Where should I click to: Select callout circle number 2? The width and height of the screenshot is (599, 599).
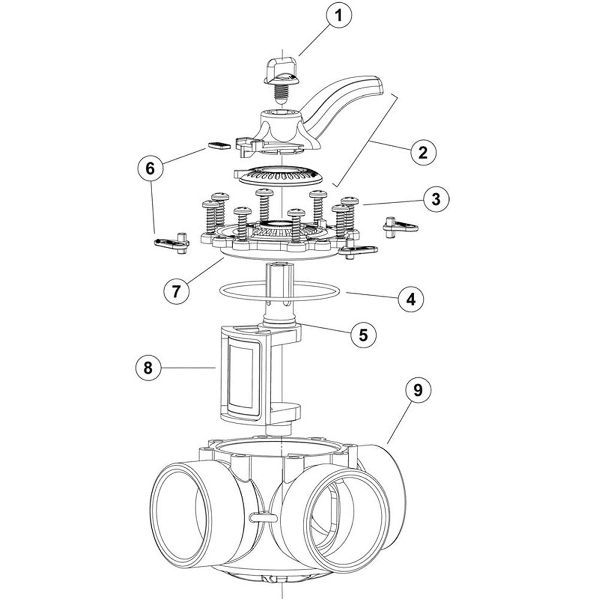click(x=423, y=152)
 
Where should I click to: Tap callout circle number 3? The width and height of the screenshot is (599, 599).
click(x=436, y=199)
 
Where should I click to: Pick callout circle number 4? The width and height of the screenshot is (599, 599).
click(x=411, y=299)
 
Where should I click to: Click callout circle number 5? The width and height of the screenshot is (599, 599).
click(x=364, y=334)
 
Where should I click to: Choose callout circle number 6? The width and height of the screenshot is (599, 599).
click(x=150, y=168)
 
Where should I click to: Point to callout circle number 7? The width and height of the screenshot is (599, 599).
click(x=176, y=291)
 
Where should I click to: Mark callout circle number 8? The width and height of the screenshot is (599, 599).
click(x=148, y=367)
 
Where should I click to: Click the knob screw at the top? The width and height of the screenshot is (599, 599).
click(x=280, y=75)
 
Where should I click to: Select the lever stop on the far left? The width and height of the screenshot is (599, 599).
click(x=171, y=243)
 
